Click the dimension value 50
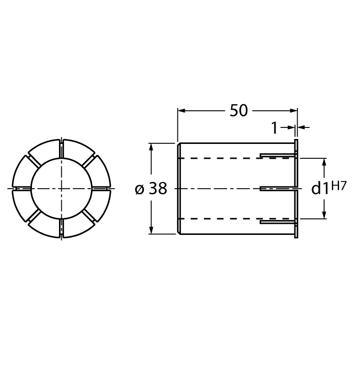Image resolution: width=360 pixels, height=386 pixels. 238,110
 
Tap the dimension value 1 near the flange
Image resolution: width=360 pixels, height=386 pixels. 275,128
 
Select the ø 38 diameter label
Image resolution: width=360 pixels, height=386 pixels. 151,189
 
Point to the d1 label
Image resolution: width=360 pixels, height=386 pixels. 320,189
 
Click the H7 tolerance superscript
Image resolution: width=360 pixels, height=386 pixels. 339,186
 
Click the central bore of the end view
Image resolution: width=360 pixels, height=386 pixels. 61,189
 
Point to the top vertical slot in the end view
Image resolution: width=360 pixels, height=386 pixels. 61,148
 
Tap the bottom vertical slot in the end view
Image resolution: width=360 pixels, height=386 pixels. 61,228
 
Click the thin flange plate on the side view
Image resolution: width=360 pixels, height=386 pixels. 297,189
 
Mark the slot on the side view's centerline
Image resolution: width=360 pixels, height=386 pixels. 276,189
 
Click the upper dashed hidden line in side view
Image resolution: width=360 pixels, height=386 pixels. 221,158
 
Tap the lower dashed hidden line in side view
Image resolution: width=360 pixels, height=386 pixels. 221,219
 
